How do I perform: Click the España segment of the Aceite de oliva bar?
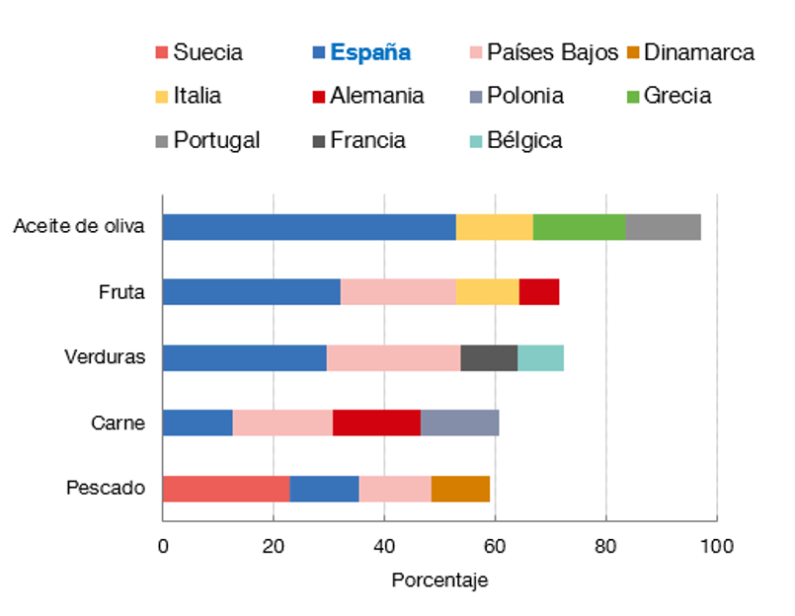coord(309,227)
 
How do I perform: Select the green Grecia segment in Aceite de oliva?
coord(580,227)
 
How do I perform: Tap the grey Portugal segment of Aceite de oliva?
coord(664,227)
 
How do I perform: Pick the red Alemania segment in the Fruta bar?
coord(539,292)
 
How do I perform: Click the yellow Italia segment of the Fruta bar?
coord(488,292)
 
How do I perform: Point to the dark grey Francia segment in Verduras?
coord(489,357)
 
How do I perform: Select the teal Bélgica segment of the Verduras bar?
coord(541,357)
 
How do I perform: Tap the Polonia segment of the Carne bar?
coord(460,423)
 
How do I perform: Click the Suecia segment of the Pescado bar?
coord(226,489)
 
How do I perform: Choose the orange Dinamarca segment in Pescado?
coord(461,489)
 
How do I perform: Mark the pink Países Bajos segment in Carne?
coord(282,423)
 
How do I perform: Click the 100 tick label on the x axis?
coord(717,544)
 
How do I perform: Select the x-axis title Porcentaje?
coord(439,580)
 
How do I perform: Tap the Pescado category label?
coord(106,489)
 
